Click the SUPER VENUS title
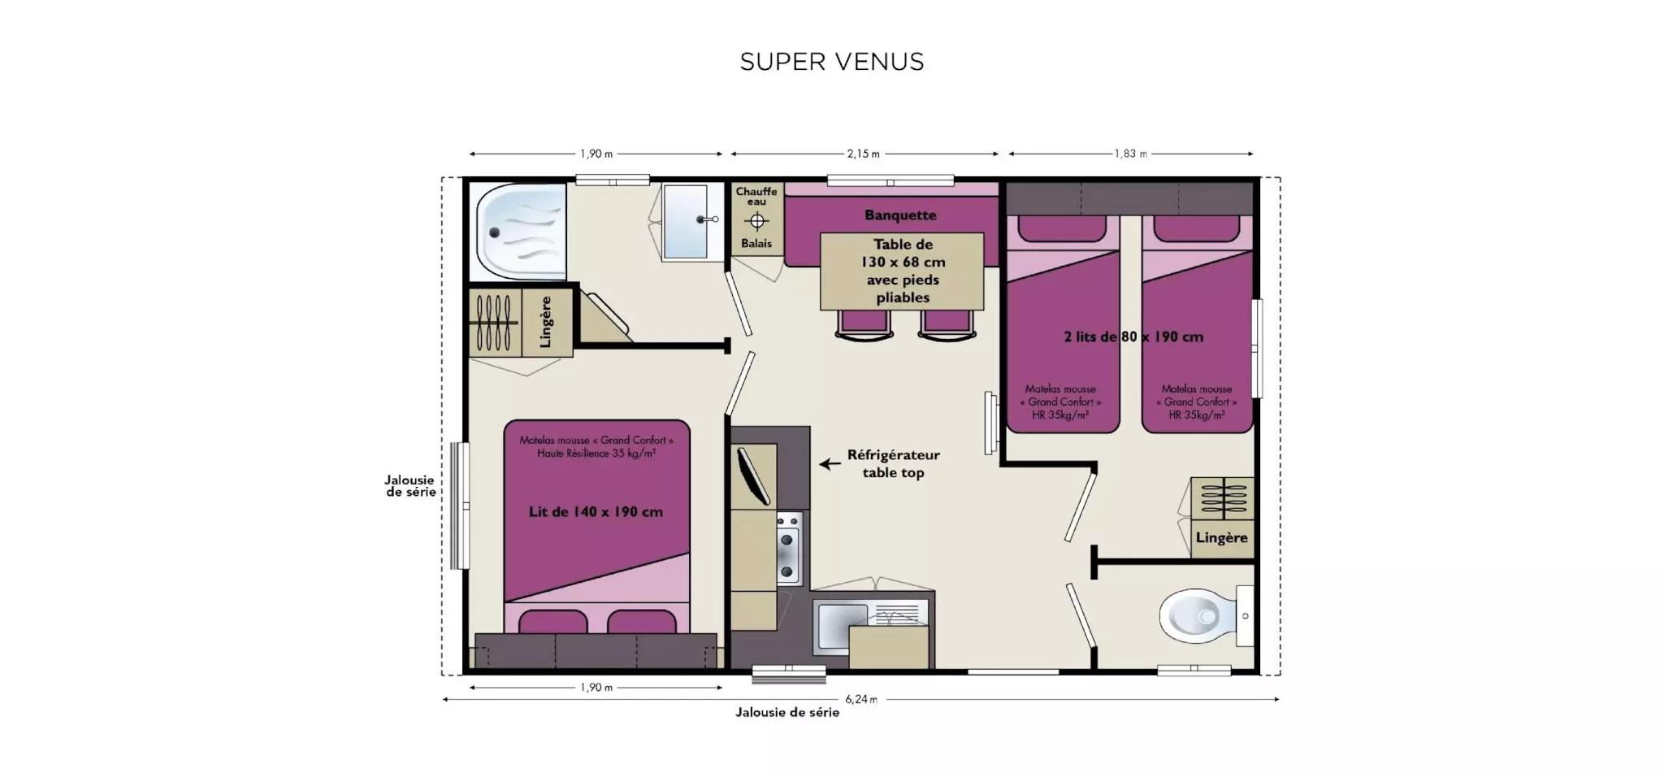click(832, 62)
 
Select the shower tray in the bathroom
click(518, 232)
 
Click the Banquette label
click(900, 215)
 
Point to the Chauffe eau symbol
click(756, 220)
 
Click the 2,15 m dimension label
click(864, 154)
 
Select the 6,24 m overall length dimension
click(861, 699)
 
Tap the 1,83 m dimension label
click(1131, 154)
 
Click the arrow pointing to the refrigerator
click(830, 464)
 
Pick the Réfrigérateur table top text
click(893, 464)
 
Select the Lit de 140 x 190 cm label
click(596, 512)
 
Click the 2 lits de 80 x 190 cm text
click(1133, 337)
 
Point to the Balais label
click(756, 244)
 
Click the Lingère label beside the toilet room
click(1221, 538)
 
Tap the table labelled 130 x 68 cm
click(902, 271)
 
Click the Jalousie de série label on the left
click(409, 486)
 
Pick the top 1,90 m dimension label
click(596, 154)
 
